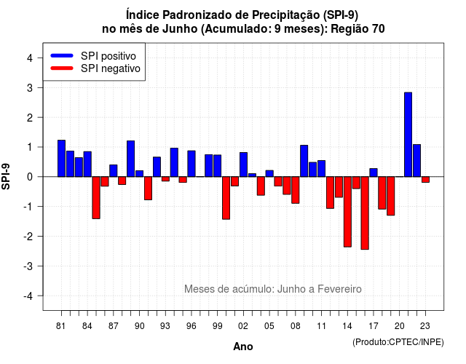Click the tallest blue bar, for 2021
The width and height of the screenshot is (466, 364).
point(408,135)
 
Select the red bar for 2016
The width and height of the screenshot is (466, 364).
point(365,213)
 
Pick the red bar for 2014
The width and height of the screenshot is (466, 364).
point(347,212)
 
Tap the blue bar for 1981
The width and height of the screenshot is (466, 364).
point(61,159)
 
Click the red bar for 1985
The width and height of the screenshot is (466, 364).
point(96,197)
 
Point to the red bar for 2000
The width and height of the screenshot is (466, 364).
point(226,198)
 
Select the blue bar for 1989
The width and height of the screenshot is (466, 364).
point(131,159)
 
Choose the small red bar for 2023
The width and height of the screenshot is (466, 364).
point(425,180)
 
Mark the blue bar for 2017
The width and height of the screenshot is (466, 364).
point(374,173)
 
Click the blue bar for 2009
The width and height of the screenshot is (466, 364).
point(304,161)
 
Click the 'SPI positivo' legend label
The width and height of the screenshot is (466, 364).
point(108,56)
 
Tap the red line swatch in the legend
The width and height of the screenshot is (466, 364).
point(62,68)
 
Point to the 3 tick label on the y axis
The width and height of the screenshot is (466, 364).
point(30,87)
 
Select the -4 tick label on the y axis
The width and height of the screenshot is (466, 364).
point(28,296)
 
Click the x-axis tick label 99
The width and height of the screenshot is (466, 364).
point(217,326)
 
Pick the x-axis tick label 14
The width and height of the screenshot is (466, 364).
point(347,326)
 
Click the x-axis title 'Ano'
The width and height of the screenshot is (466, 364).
point(243,347)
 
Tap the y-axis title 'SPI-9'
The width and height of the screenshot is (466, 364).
point(6,176)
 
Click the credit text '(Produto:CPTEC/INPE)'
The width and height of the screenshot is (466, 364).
point(398,342)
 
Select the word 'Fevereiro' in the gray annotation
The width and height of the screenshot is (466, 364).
point(339,289)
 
